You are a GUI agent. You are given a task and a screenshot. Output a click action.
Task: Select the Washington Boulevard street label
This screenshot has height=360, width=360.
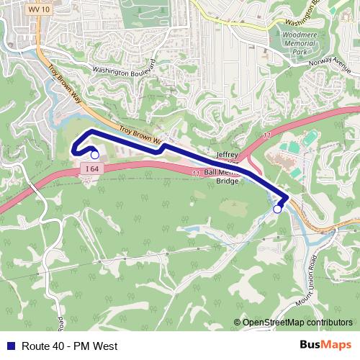click(125, 67)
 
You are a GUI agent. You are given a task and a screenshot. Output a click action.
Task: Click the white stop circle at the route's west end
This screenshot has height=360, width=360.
click(94, 154)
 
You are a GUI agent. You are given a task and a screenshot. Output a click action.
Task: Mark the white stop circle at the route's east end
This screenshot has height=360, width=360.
click(278, 210)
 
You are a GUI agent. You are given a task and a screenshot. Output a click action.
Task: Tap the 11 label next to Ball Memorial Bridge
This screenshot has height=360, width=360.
click(195, 173)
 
